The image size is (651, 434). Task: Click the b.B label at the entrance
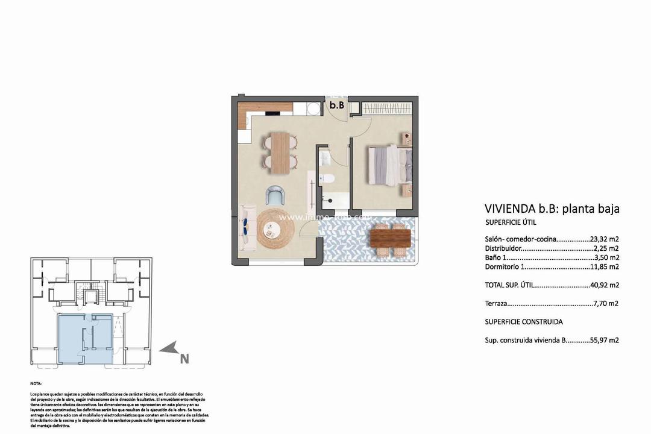[336, 105]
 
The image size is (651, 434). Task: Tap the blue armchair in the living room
[277, 195]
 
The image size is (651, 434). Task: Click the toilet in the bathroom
[328, 178]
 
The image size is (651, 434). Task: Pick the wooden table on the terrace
[390, 238]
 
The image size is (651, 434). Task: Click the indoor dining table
[280, 152]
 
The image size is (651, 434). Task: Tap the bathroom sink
[324, 158]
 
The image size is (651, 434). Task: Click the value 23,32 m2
[605, 239]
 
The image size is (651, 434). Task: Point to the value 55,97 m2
[605, 340]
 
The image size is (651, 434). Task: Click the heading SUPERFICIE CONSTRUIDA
[524, 322]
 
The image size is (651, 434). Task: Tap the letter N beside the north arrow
[184, 359]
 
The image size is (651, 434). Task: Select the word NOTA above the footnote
[36, 383]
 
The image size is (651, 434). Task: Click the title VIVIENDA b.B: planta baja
[552, 209]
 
